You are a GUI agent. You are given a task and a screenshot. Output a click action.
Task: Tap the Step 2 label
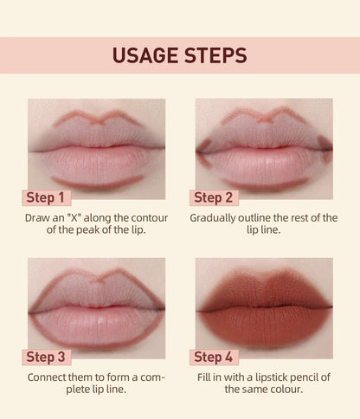point(214,197)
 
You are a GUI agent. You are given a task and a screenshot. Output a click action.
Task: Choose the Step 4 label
point(214,357)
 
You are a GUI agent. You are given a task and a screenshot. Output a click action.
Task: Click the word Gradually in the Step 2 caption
point(215,217)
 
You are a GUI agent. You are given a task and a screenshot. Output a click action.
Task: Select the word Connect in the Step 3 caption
point(50,377)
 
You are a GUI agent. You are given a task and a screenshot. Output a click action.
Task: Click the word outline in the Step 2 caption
point(260,217)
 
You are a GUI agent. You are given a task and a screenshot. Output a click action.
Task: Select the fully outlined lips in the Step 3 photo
point(97,303)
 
